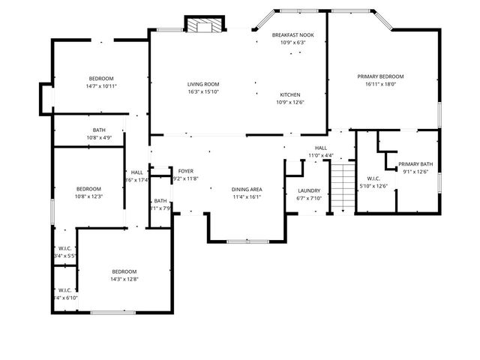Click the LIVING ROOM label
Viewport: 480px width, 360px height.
pyautogui.click(x=202, y=85)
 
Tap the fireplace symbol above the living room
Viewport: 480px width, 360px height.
pyautogui.click(x=204, y=26)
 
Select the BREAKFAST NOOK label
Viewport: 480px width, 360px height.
pyautogui.click(x=292, y=34)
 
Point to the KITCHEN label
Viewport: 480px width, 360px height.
pyautogui.click(x=290, y=94)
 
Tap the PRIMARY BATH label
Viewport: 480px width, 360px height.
pyautogui.click(x=415, y=164)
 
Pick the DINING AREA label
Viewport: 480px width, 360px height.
pyautogui.click(x=246, y=190)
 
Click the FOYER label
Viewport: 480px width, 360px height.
pyautogui.click(x=185, y=171)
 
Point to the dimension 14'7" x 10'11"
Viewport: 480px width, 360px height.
pyautogui.click(x=101, y=86)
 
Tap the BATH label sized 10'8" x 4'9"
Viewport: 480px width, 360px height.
pyautogui.click(x=99, y=130)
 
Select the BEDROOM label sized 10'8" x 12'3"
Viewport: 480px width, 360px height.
pyautogui.click(x=88, y=188)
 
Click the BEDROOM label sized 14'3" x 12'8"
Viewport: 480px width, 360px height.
pyautogui.click(x=124, y=271)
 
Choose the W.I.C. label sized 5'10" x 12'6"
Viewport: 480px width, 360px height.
pyautogui.click(x=373, y=178)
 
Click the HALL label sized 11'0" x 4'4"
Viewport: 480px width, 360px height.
pyautogui.click(x=320, y=148)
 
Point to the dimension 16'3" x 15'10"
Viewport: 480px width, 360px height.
pyautogui.click(x=202, y=93)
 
